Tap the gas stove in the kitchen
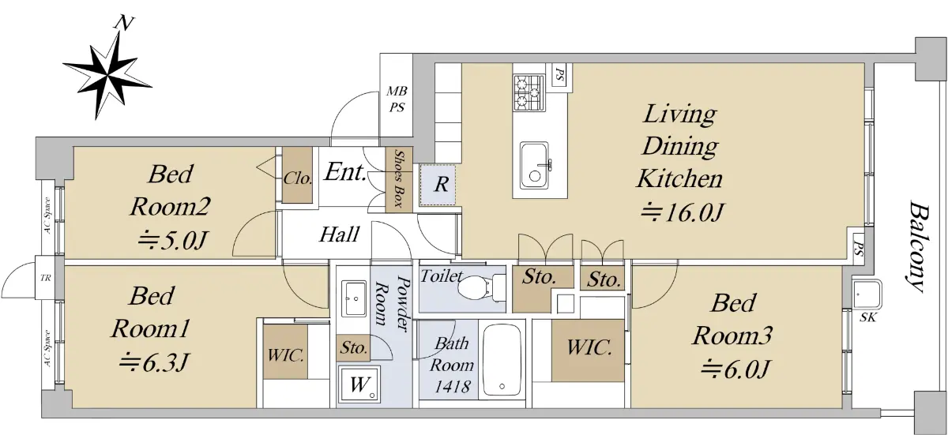point(529,92)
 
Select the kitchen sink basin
point(535,165)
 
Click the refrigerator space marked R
point(438,186)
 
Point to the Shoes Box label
point(399,179)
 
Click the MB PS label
point(397,99)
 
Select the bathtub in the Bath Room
point(502,360)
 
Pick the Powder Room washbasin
point(354,298)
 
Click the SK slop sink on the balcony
point(867,294)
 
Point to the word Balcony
point(918,248)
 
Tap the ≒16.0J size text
point(680,212)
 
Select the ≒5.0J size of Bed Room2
point(171,242)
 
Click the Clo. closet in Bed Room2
point(298,178)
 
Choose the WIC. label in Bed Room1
point(286,355)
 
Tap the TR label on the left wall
point(45,278)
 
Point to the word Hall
point(340,234)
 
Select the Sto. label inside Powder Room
point(354,348)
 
